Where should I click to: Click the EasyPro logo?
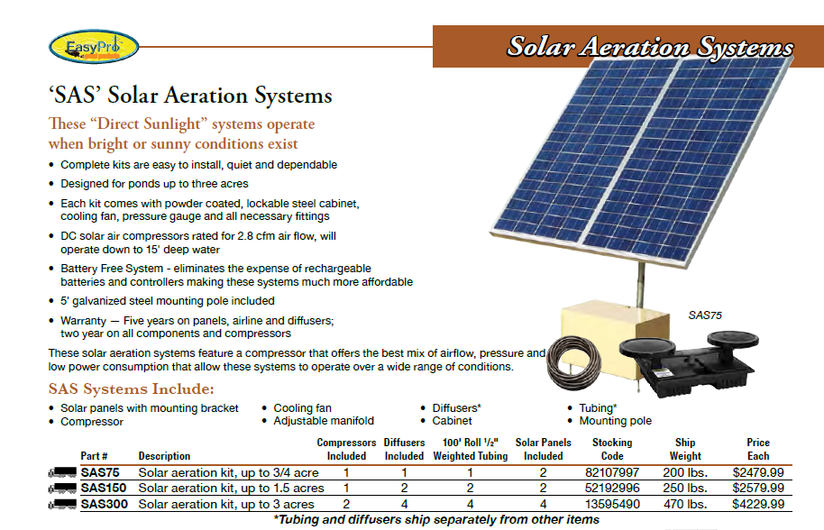pyautogui.click(x=80, y=46)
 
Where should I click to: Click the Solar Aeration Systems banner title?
pyautogui.click(x=649, y=47)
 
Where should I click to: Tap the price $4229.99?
pyautogui.click(x=758, y=504)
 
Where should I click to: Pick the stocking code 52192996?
pyautogui.click(x=612, y=489)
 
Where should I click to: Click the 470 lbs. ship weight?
pyautogui.click(x=685, y=504)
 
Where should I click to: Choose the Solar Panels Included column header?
pyautogui.click(x=543, y=449)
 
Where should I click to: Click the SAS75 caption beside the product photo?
pyautogui.click(x=705, y=315)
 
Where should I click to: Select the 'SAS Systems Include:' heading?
pyautogui.click(x=131, y=389)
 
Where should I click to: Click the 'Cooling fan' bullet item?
pyautogui.click(x=303, y=408)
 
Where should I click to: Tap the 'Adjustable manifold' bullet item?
pyautogui.click(x=324, y=421)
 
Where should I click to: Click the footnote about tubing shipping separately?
pyautogui.click(x=436, y=519)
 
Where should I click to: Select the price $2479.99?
pyautogui.click(x=758, y=472)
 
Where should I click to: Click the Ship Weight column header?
pyautogui.click(x=685, y=449)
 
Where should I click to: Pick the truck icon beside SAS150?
pyautogui.click(x=62, y=489)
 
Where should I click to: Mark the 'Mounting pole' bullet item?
pyautogui.click(x=616, y=421)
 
